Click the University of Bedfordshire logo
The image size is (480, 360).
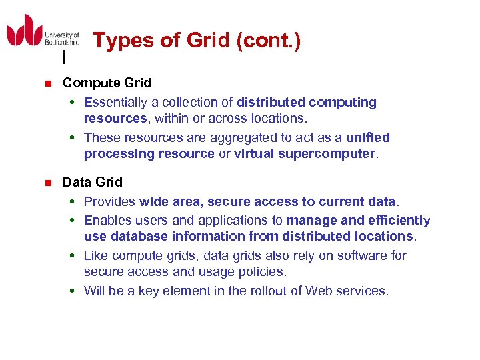(x=43, y=32)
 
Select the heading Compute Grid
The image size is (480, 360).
(x=107, y=83)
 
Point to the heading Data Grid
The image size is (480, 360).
(x=93, y=182)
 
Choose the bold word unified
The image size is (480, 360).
(x=368, y=138)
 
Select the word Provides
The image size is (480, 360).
(x=109, y=202)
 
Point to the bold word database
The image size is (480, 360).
(x=141, y=237)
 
